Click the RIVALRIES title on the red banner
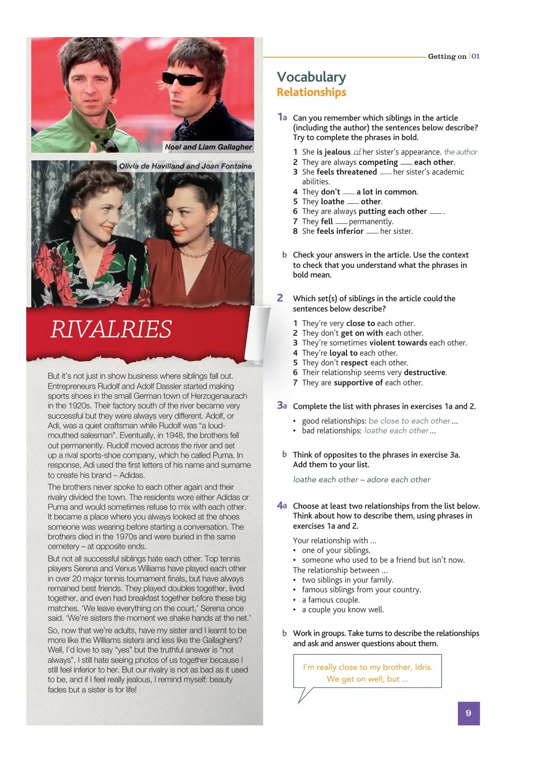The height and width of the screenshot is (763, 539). click(111, 329)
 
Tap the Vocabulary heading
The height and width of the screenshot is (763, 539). click(311, 77)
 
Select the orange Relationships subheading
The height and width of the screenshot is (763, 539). click(311, 92)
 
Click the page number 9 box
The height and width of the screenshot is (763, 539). click(468, 713)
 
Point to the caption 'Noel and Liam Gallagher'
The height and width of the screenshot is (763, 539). click(208, 147)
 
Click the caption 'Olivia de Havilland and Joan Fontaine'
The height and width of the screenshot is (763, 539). click(185, 166)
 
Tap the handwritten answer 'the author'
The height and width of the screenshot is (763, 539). click(460, 152)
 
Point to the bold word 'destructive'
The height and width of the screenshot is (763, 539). click(424, 372)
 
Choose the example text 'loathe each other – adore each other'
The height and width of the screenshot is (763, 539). click(361, 479)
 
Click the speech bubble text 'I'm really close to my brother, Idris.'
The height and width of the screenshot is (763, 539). click(367, 667)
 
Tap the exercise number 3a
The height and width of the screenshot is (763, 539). click(282, 405)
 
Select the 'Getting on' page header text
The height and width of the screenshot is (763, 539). click(447, 57)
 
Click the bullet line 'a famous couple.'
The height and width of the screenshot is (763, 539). click(331, 599)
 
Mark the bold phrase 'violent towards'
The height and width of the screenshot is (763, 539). click(398, 343)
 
